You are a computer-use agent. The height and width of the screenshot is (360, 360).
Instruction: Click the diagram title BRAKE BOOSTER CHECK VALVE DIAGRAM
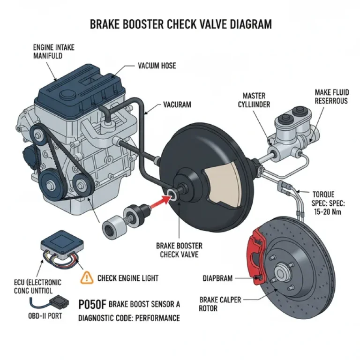click(180, 24)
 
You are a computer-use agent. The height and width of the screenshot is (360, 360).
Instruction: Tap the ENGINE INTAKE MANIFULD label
click(53, 52)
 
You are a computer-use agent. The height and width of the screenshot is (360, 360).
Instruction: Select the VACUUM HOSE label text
click(157, 66)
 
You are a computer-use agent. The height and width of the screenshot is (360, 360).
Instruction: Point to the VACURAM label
click(177, 105)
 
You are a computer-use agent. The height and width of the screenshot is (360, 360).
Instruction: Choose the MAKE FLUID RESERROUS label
click(331, 97)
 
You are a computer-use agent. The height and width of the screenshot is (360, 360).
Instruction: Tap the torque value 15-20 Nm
click(324, 211)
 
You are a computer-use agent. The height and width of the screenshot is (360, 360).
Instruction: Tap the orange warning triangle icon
click(87, 277)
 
